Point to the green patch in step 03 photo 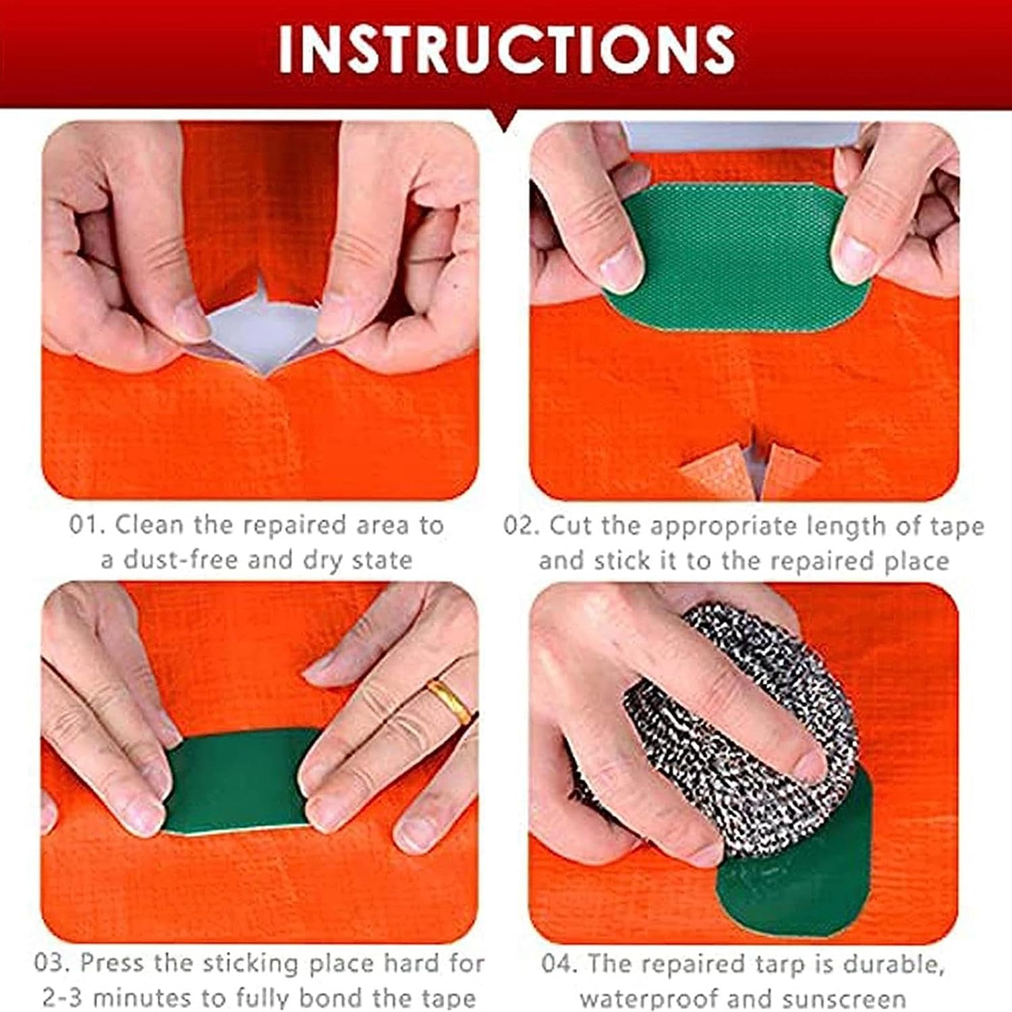pos(236,783)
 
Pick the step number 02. pos(521,526)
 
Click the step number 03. pos(51,963)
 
